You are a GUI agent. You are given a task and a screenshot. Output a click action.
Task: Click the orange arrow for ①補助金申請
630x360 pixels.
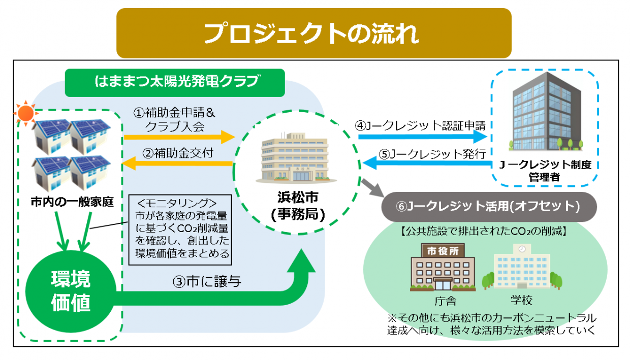click(178, 137)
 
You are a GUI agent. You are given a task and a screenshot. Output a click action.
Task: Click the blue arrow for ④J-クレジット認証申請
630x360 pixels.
click(422, 136)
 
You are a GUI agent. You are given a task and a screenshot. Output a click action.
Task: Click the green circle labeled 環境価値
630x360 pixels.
click(71, 291)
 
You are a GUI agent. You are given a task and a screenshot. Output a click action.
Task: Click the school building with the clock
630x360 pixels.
click(520, 269)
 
